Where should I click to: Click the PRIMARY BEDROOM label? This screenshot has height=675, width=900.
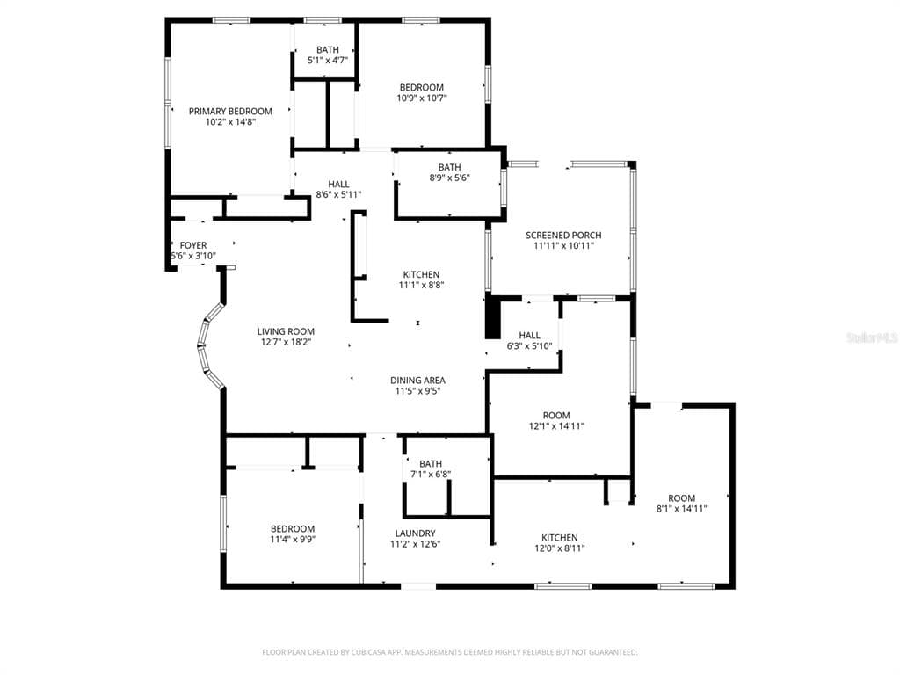coord(230,112)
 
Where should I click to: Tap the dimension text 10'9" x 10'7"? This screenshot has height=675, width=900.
coord(422,98)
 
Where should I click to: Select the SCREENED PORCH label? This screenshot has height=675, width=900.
coord(563,236)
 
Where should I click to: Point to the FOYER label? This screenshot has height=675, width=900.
coord(192,246)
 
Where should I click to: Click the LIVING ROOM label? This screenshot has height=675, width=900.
coord(286,331)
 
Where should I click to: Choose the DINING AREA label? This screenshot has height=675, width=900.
coord(417,381)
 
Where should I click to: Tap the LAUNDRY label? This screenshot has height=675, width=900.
coord(415,533)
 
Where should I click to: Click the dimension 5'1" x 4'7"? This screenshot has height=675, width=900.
coord(328,61)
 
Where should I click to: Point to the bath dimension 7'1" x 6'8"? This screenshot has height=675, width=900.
coord(431,475)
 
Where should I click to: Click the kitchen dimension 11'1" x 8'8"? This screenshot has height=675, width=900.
coord(421,286)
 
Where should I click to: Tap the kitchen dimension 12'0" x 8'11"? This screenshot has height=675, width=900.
coord(560,548)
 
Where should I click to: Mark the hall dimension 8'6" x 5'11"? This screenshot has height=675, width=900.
coord(338,195)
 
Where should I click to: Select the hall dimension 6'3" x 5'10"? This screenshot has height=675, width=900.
coord(529,346)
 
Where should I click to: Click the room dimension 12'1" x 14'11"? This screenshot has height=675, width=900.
coord(556,426)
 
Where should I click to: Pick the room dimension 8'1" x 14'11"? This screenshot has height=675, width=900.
coord(681,509)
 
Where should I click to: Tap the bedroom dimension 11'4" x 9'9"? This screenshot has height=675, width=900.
coord(293,540)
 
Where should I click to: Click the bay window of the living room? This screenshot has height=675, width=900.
coord(209,346)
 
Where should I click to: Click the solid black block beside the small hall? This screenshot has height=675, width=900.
coord(493,317)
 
